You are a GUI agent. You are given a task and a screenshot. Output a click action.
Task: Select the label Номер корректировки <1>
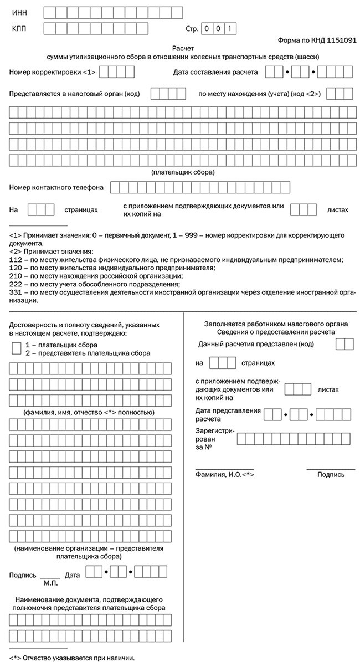pos(53,72)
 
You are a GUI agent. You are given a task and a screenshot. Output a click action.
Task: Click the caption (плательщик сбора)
pos(183,172)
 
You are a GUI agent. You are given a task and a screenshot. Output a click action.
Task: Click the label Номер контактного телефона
pos(56,187)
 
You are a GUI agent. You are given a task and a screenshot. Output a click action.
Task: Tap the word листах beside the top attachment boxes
pos(338,210)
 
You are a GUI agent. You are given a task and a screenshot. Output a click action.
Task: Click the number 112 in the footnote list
pos(16,259)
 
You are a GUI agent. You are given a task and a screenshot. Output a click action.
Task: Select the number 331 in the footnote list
pos(16,292)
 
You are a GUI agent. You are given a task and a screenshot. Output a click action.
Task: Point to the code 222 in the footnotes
pos(16,284)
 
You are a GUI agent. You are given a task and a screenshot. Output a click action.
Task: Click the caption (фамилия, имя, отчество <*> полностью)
pos(88,413)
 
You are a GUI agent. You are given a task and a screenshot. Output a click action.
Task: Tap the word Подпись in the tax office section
pos(331,474)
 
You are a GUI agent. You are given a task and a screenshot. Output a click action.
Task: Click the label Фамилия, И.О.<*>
pos(224,475)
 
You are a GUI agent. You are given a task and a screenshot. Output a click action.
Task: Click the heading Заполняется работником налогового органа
pos(268,324)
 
